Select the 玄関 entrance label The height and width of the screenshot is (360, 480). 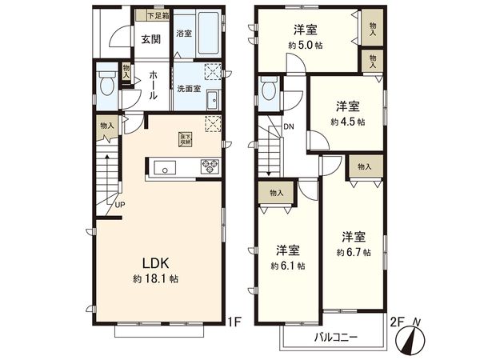(151, 38)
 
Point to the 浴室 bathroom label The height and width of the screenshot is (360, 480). (184, 34)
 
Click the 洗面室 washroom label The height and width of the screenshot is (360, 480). (189, 90)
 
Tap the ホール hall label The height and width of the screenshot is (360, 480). (152, 83)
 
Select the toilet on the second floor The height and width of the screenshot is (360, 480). (269, 90)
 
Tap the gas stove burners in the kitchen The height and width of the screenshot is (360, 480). (210, 167)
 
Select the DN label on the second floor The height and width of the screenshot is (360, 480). (289, 126)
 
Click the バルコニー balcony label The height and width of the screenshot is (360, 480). (335, 337)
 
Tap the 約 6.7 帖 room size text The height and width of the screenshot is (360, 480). (353, 252)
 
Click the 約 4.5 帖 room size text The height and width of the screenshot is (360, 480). (347, 122)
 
